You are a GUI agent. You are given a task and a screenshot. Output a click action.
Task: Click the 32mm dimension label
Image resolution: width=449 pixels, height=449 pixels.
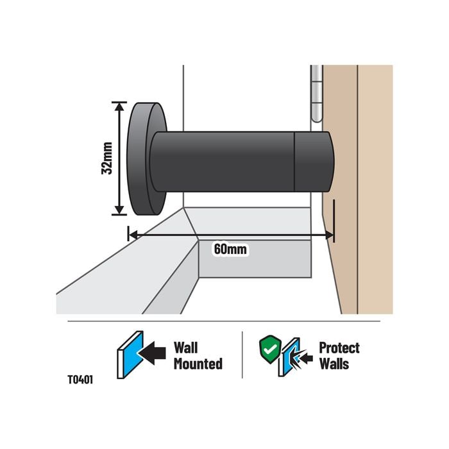tap(107, 158)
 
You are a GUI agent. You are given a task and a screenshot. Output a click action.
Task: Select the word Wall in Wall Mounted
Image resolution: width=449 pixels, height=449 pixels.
tap(187, 348)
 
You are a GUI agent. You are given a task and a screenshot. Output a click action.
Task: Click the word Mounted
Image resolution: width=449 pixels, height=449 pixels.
tap(198, 364)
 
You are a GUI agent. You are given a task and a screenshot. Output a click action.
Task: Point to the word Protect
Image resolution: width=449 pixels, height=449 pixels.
tap(339, 348)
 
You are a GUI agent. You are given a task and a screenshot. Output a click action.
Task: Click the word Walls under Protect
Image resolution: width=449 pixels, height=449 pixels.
tap(334, 364)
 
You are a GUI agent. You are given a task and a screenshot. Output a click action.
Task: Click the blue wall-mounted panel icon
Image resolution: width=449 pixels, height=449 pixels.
tap(130, 354)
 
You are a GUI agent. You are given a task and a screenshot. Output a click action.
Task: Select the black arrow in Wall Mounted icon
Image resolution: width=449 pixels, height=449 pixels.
tap(153, 352)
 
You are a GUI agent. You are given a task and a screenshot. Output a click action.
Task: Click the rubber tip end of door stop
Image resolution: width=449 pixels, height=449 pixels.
tap(313, 161)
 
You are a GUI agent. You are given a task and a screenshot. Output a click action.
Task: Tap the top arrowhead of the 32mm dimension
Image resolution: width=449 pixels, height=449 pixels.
tap(119, 106)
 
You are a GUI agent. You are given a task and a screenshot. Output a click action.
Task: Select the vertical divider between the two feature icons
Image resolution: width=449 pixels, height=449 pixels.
tap(242, 355)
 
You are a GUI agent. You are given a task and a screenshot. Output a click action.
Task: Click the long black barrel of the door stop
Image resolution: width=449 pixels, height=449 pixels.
tap(224, 161)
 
